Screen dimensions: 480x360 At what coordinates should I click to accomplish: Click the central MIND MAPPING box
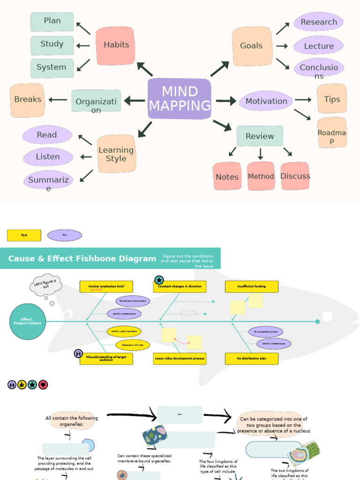click(x=179, y=99)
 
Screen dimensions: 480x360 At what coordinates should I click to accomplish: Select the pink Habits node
click(x=115, y=45)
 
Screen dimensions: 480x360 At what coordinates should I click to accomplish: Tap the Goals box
click(x=252, y=46)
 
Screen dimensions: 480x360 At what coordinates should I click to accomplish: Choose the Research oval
click(x=319, y=22)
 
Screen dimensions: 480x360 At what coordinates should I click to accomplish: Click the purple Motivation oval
click(x=266, y=101)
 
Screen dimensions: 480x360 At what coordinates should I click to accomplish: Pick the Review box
click(x=260, y=136)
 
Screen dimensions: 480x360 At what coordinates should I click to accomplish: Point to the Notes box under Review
click(x=227, y=177)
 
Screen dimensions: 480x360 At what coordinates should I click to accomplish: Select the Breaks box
click(x=27, y=100)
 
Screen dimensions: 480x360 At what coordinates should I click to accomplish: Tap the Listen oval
click(x=48, y=157)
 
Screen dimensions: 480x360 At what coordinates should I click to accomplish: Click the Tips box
click(x=332, y=99)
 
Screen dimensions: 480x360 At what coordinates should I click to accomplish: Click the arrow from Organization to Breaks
click(x=58, y=100)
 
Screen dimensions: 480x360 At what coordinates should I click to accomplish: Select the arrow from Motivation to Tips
click(x=303, y=100)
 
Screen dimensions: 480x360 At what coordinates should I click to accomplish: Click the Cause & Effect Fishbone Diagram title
click(x=82, y=259)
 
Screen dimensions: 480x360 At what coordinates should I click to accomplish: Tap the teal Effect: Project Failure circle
click(x=28, y=322)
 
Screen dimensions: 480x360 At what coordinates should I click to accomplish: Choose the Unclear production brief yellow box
click(x=106, y=286)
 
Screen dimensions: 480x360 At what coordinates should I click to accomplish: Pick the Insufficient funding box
click(x=251, y=286)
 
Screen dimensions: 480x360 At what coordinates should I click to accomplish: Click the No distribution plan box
click(x=251, y=359)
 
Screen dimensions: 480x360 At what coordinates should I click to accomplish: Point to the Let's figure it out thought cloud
click(x=45, y=285)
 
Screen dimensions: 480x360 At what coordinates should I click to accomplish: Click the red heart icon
click(x=43, y=385)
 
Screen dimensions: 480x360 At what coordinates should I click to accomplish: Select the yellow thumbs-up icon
click(x=22, y=385)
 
